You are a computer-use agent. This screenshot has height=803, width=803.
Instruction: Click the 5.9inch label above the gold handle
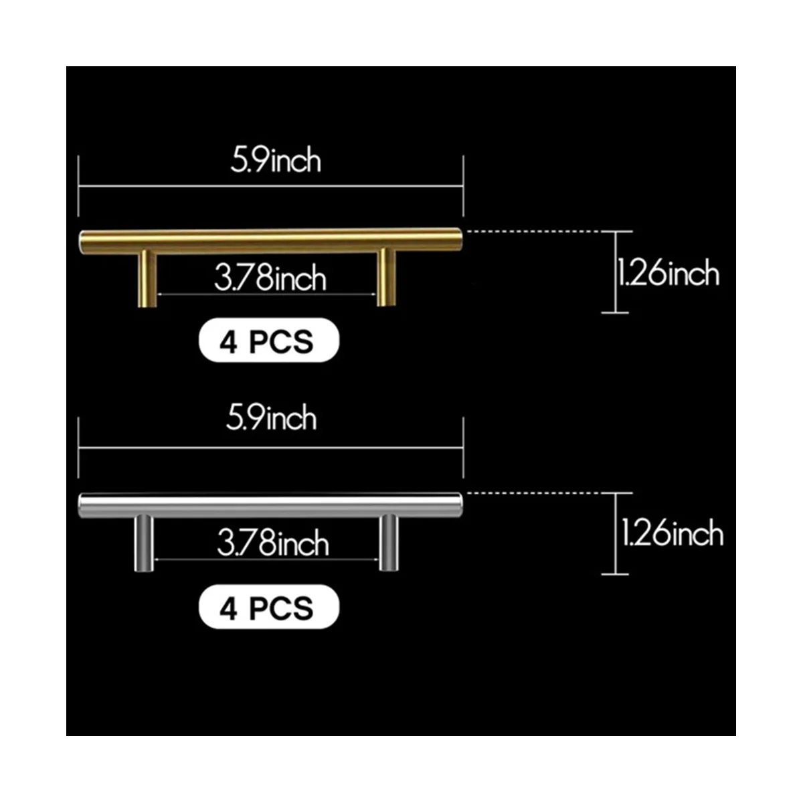(x=276, y=161)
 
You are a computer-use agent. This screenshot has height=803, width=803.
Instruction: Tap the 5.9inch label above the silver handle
(x=271, y=419)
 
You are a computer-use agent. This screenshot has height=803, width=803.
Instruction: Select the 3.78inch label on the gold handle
(x=270, y=278)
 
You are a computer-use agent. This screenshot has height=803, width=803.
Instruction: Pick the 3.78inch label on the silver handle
(x=273, y=543)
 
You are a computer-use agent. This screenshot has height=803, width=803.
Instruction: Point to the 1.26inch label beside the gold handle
(x=668, y=274)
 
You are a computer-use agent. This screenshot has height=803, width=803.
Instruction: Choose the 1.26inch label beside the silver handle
(x=672, y=534)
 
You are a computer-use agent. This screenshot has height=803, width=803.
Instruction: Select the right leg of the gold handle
(x=385, y=277)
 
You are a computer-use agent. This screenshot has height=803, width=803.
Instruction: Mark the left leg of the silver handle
(x=144, y=543)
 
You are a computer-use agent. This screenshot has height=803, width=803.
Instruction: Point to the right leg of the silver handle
(x=388, y=543)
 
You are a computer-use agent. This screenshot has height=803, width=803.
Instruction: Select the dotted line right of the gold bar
(x=539, y=232)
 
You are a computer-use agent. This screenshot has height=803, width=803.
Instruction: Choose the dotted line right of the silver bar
(x=539, y=493)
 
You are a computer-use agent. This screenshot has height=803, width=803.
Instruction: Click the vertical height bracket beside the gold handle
(x=615, y=272)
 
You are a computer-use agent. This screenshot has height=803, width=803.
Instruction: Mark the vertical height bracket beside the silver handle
(x=615, y=533)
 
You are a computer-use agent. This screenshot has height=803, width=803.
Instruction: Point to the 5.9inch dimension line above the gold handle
(x=270, y=187)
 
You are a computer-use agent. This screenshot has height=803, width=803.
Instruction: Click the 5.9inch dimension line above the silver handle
(x=270, y=448)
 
